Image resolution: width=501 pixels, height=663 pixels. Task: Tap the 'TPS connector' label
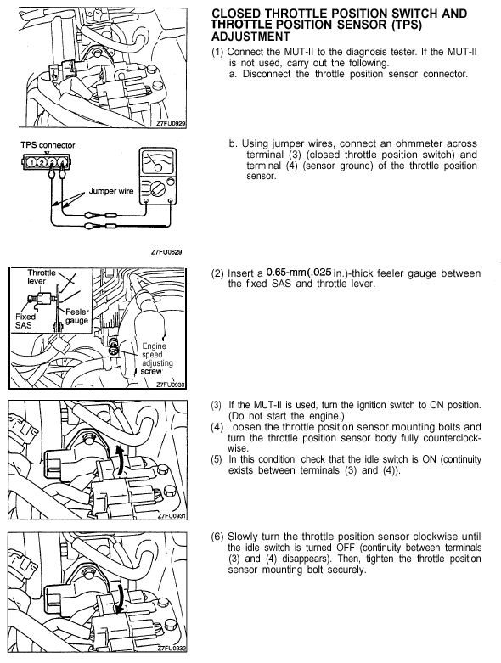tap(48, 145)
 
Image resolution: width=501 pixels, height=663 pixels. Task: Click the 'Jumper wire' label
tap(110, 191)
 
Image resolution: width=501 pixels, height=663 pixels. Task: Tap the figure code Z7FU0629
tap(166, 252)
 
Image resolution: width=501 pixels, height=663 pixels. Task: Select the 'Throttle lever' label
tap(41, 277)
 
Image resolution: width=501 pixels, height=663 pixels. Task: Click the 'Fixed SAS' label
tap(25, 321)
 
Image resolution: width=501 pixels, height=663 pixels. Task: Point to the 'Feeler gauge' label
tap(77, 317)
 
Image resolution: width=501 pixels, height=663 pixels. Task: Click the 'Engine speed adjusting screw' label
tap(157, 358)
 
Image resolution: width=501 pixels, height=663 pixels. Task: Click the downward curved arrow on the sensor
tap(120, 598)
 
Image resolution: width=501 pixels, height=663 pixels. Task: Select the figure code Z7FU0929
tap(171, 123)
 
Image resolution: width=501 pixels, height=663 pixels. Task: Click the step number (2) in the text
tap(217, 273)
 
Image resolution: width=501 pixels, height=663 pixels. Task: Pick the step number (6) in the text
tap(217, 537)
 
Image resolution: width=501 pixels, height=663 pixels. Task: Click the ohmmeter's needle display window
tap(158, 161)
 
